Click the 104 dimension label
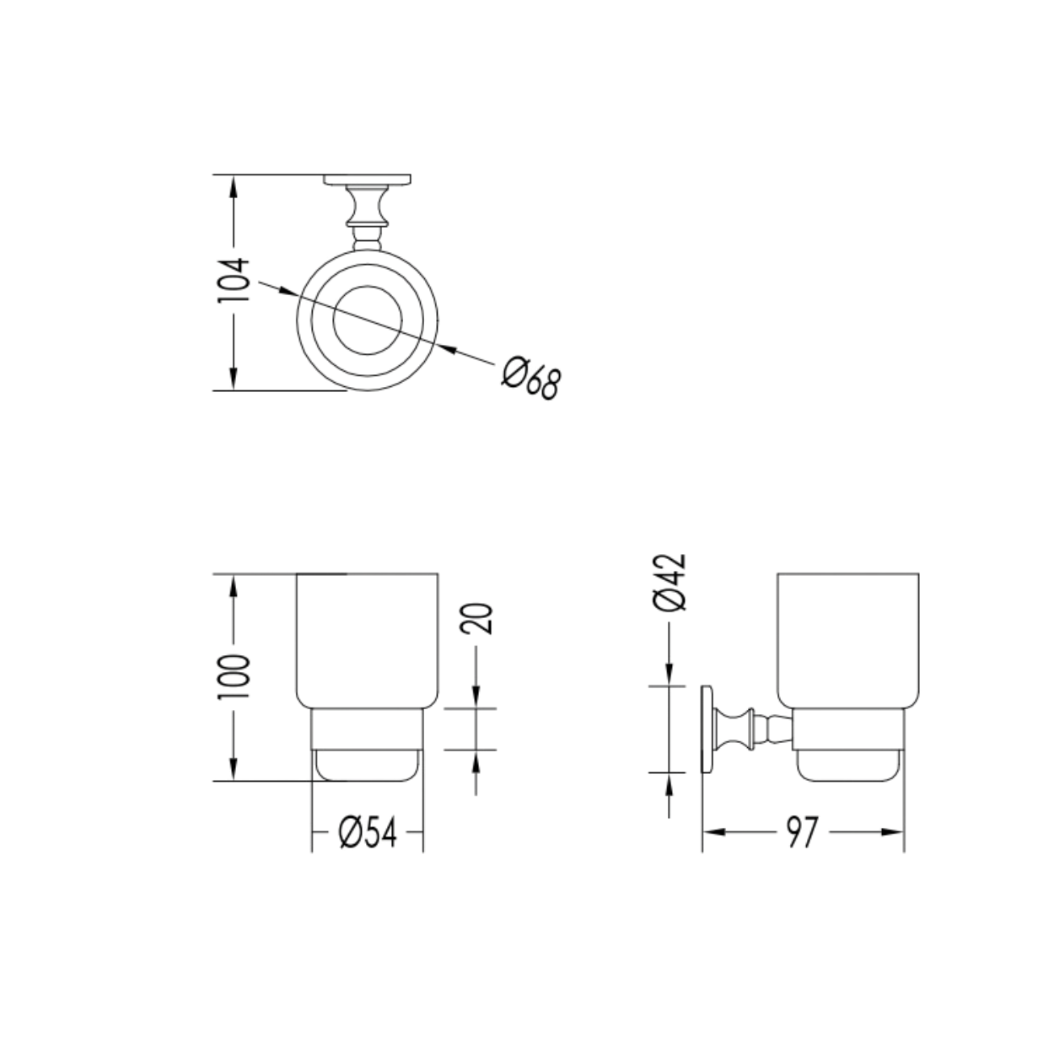pyautogui.click(x=234, y=281)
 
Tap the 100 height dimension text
pyautogui.click(x=234, y=676)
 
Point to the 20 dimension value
pyautogui.click(x=476, y=619)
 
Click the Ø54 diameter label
pyautogui.click(x=368, y=832)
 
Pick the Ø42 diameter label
pyautogui.click(x=670, y=582)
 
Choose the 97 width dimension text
pyautogui.click(x=803, y=832)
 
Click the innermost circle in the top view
pyautogui.click(x=368, y=320)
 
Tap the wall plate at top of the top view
pyautogui.click(x=367, y=180)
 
